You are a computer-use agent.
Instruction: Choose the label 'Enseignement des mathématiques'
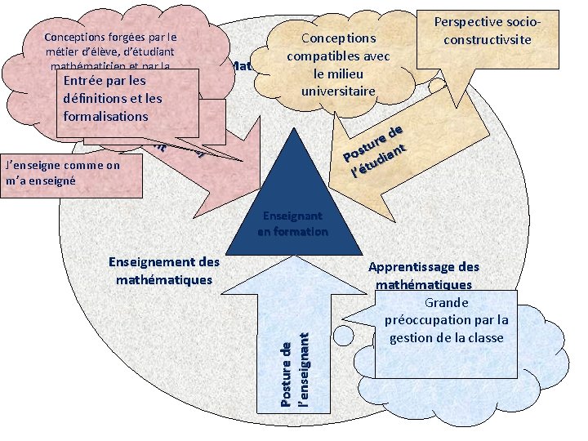164,271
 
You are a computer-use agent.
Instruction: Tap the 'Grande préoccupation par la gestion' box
446,319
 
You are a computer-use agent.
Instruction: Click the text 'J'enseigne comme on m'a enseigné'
62,172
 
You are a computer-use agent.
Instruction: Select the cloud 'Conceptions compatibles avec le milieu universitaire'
338,64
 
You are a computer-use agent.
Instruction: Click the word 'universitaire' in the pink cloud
338,91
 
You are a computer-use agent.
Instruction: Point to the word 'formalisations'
105,116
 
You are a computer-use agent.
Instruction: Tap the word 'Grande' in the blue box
446,302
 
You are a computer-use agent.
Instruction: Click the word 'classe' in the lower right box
484,338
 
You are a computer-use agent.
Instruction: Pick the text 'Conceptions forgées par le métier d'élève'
110,45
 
